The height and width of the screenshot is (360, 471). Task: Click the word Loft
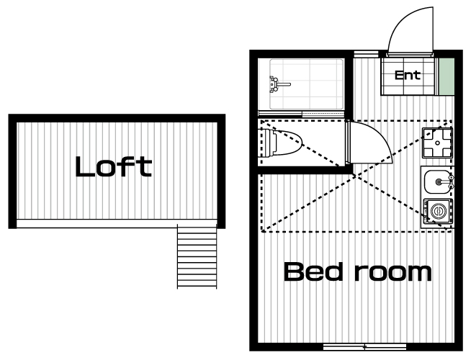coord(114,166)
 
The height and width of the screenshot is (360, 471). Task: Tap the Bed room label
coord(357,271)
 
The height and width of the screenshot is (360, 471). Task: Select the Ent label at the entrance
coord(408,75)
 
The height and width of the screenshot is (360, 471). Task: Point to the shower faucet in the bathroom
coord(278,84)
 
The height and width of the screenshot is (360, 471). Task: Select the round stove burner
coord(438,211)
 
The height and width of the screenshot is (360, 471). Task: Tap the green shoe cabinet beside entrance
coord(447,76)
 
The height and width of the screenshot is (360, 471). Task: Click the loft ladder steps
coord(197,256)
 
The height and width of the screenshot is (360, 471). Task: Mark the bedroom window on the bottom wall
coord(364,347)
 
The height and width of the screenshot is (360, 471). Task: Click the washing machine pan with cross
coord(437,143)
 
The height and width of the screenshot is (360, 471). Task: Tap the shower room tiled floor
coord(306,84)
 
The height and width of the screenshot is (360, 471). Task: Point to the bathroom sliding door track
coord(301,114)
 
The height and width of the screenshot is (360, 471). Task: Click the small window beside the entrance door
coord(366,54)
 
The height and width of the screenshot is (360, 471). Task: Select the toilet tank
coord(267,143)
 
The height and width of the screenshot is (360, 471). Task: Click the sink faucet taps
coord(451,181)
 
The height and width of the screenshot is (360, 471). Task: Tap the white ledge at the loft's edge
coord(117,223)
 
